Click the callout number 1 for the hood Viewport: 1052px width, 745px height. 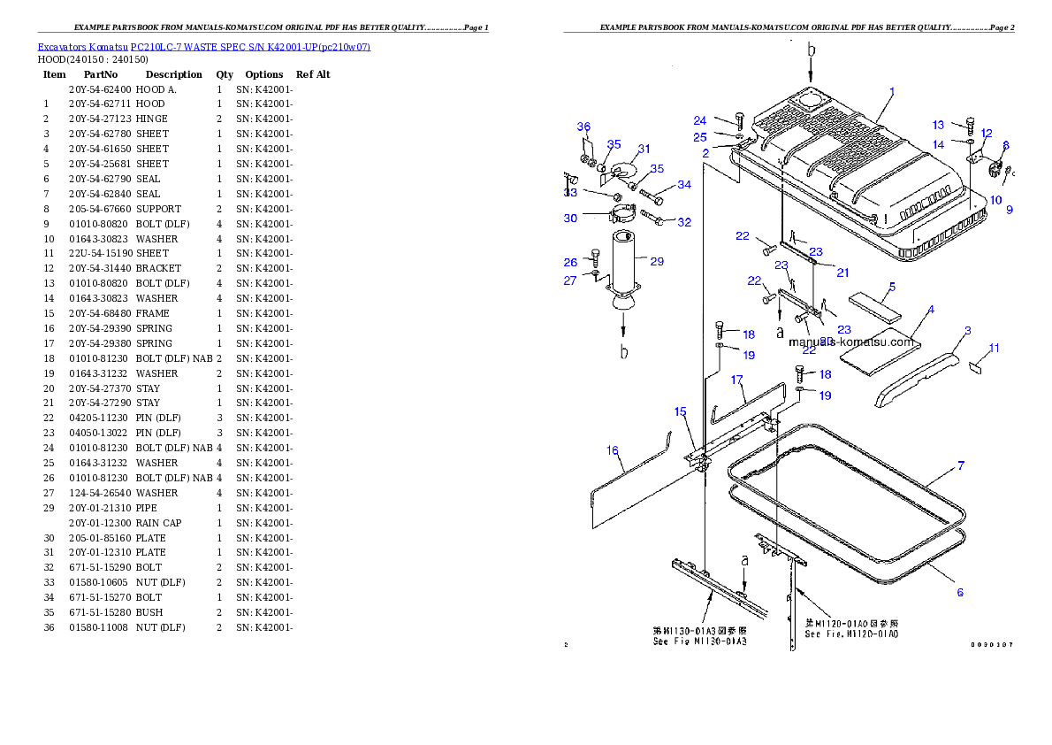pyautogui.click(x=892, y=91)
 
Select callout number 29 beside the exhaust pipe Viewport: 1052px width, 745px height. pyautogui.click(x=656, y=261)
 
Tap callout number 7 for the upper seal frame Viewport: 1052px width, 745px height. pyautogui.click(x=961, y=465)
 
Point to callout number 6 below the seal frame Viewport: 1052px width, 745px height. pyautogui.click(x=960, y=592)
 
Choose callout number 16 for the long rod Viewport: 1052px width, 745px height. pyautogui.click(x=613, y=450)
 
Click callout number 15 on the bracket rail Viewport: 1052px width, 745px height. pyautogui.click(x=680, y=411)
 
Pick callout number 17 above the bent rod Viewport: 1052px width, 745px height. pyautogui.click(x=736, y=380)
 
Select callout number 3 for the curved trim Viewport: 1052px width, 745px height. pyautogui.click(x=967, y=330)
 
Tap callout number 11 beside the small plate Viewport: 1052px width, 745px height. pyautogui.click(x=995, y=349)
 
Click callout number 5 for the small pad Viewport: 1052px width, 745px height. pyautogui.click(x=892, y=287)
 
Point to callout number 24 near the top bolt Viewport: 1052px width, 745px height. pyautogui.click(x=700, y=120)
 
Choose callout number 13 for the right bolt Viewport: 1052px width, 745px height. pyautogui.click(x=939, y=126)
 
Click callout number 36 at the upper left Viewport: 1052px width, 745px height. pyautogui.click(x=583, y=127)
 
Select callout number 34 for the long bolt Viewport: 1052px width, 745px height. pyautogui.click(x=684, y=185)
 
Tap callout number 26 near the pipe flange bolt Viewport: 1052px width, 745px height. pyautogui.click(x=571, y=262)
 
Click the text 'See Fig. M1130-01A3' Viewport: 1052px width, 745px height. pyautogui.click(x=699, y=641)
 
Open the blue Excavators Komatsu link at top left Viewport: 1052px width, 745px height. pyautogui.click(x=203, y=47)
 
